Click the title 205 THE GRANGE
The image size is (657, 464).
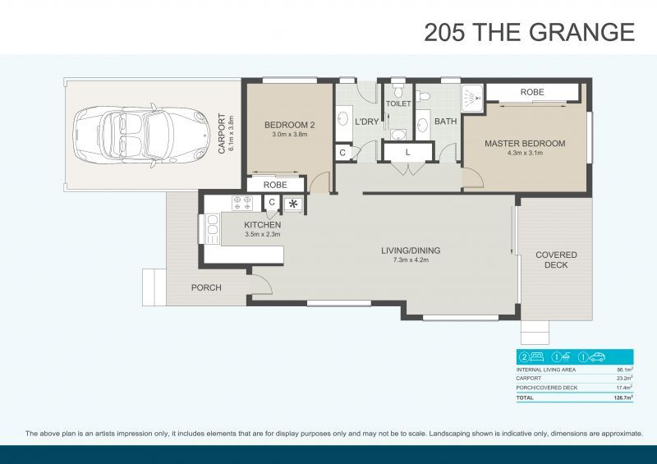[529, 32]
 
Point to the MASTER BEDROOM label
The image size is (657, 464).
[525, 144]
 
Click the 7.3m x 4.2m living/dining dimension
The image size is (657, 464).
[411, 260]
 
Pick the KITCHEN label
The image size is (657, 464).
[263, 224]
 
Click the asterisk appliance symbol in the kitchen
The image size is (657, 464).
[292, 203]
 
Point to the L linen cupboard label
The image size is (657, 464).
[408, 153]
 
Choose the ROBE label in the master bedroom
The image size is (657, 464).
[532, 93]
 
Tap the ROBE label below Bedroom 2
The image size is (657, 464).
[275, 185]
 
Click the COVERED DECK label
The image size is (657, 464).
[556, 260]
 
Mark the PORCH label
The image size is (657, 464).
[206, 287]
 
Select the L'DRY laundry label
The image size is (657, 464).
[366, 122]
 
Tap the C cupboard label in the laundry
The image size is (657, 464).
[342, 153]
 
